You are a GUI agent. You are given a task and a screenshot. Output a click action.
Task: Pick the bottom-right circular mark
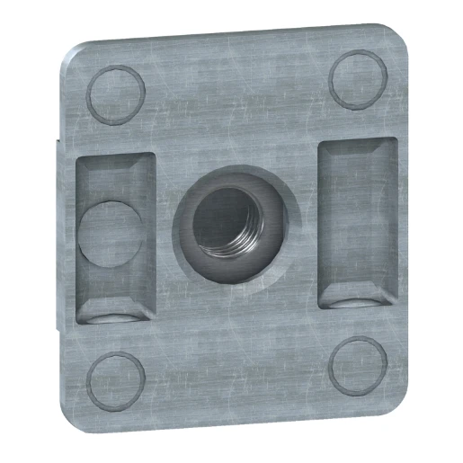click(358, 367)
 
